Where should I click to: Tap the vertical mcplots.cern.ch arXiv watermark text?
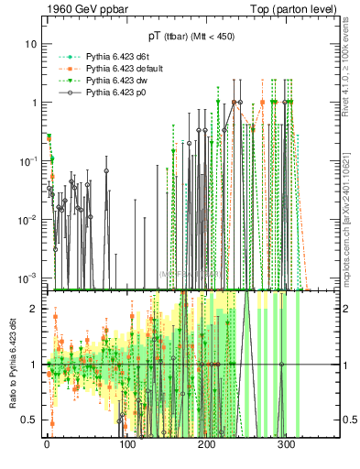click(x=349, y=211)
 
